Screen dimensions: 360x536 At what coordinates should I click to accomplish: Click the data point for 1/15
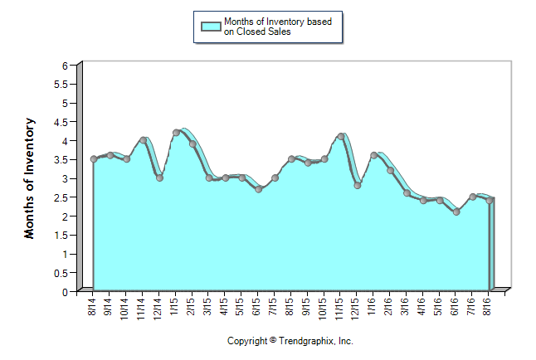[176, 133]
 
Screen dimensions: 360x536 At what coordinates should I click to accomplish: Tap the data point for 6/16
[456, 212]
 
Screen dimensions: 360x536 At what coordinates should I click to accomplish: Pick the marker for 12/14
[159, 178]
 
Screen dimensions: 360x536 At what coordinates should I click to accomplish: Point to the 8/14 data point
[94, 159]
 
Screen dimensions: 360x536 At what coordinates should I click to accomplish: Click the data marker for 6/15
[259, 189]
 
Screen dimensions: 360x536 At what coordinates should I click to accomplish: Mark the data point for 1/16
[374, 155]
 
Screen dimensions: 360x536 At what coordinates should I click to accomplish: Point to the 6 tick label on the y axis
[67, 66]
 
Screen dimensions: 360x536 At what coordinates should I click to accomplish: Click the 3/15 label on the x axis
[208, 306]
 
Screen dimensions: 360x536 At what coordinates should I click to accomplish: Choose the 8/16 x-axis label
[489, 306]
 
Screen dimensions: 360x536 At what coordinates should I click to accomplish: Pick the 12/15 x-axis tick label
[357, 306]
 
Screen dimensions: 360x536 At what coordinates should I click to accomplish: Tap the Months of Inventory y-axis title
[30, 178]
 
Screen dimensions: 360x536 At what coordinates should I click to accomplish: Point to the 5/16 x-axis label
[439, 306]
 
